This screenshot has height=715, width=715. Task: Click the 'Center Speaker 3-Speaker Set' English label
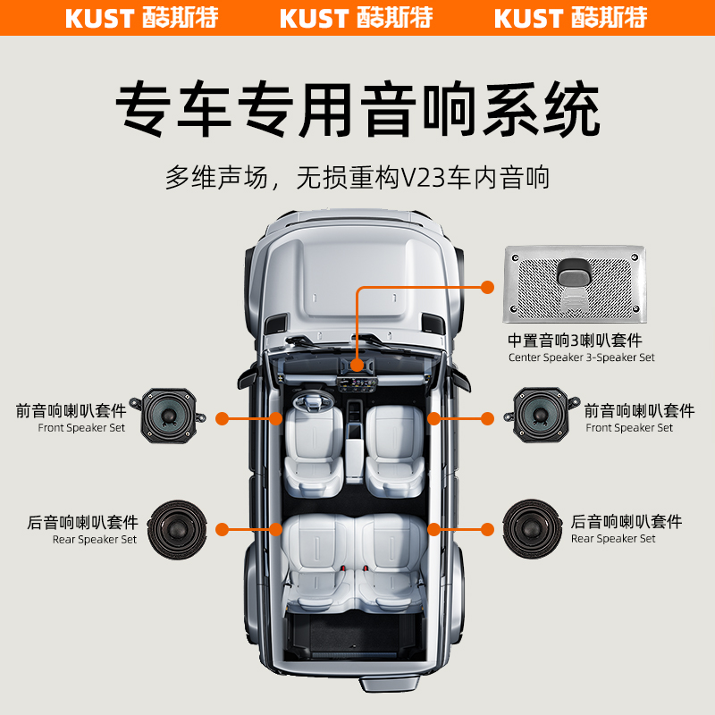tap(581, 357)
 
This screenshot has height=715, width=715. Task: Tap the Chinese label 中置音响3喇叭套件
tap(575, 341)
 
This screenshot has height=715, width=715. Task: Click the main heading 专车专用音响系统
tap(357, 109)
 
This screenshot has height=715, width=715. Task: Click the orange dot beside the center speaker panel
tap(487, 287)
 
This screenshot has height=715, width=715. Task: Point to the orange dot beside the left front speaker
tap(220, 417)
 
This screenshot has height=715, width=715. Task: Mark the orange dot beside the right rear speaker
tap(487, 528)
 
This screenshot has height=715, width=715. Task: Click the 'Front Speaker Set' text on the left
tap(81, 428)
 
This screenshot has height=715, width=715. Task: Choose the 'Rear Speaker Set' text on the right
tap(613, 539)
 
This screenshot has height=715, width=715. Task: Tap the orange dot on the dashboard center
tap(357, 365)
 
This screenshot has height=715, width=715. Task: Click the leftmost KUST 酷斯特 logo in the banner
tap(142, 18)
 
